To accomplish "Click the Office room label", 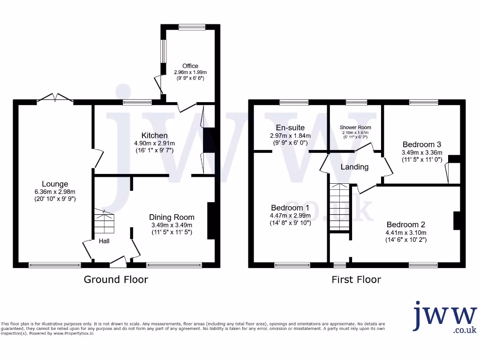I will tap(190, 66).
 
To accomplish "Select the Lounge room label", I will tap(55, 184).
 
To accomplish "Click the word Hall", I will tap(104, 241).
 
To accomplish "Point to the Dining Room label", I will tap(172, 217).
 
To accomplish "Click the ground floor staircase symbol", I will tap(105, 223).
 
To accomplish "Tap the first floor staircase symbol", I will tap(339, 207).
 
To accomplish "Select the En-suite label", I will tap(290, 127).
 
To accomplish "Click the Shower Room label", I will tap(355, 127).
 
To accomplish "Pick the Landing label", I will tap(354, 167).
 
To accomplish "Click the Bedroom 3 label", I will tap(421, 145).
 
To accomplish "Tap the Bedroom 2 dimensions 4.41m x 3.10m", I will tap(406, 232).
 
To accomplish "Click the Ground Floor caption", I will tap(116, 280).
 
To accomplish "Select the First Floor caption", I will tap(356, 280).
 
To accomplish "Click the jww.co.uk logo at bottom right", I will tap(445, 318).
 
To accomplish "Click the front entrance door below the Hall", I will tap(118, 262).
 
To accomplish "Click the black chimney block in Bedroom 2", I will tap(456, 221).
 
